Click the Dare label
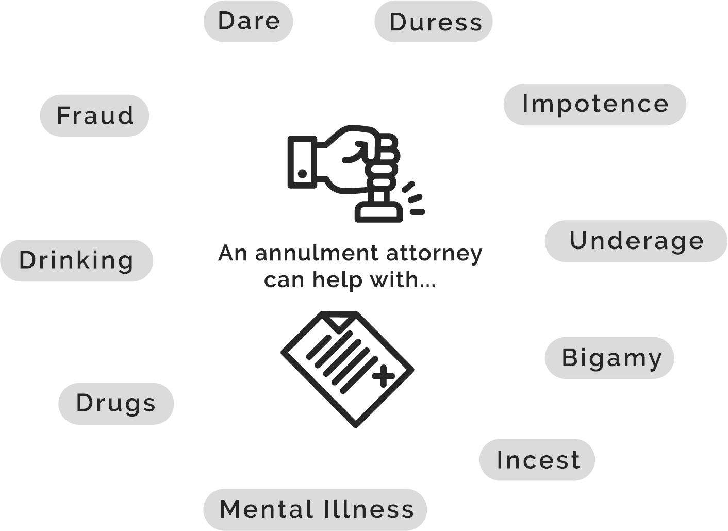point(249,21)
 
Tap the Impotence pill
point(595,104)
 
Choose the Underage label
point(636,241)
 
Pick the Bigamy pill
point(610,358)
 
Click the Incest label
point(537,460)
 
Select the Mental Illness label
point(316,509)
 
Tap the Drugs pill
point(116,403)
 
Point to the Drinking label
point(76,260)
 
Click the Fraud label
point(94,115)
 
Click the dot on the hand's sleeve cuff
point(303,174)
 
